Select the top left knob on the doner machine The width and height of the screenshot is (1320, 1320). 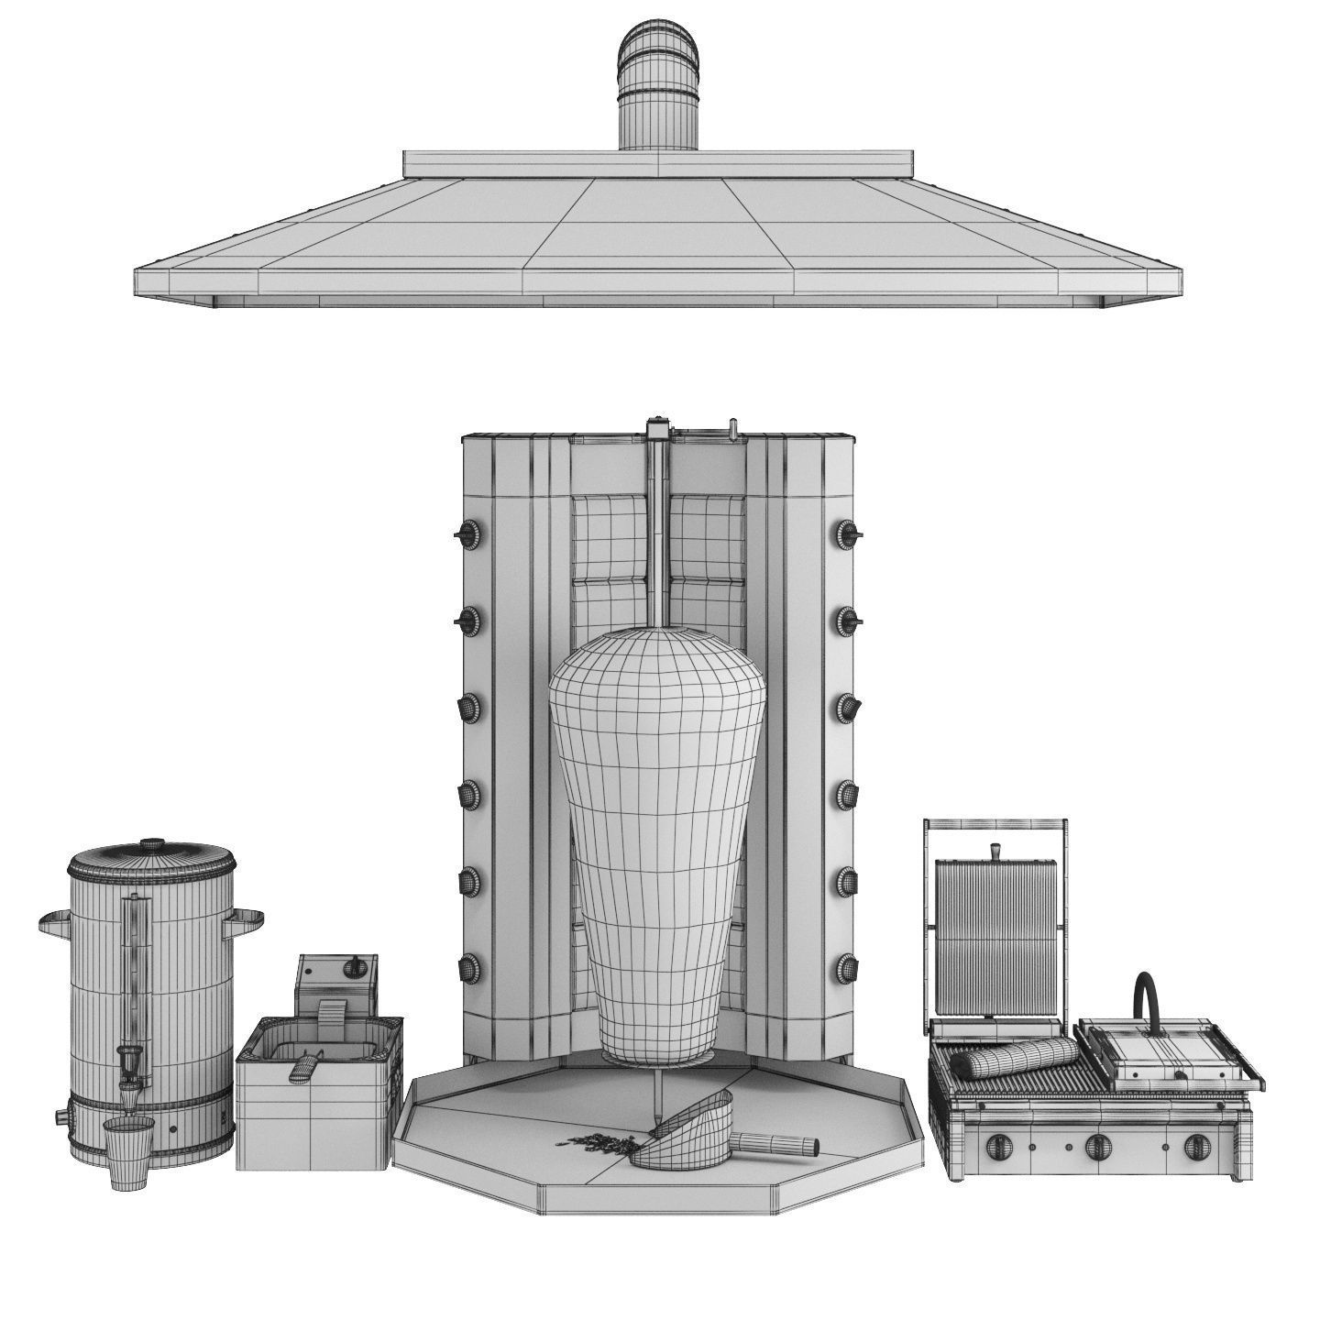(468, 533)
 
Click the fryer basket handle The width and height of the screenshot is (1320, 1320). (305, 1066)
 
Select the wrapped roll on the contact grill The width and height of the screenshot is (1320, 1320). (1012, 1060)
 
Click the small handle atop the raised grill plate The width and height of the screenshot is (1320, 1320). (994, 852)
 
